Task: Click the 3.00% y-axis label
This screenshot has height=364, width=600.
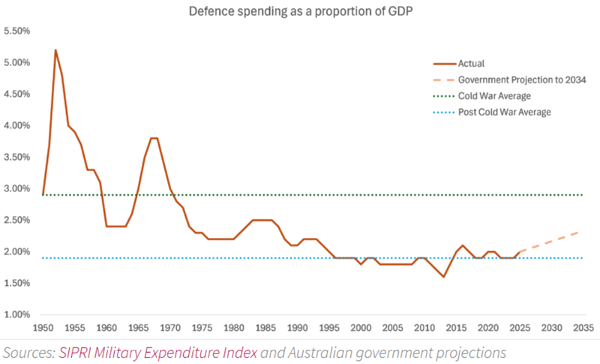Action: click(x=16, y=188)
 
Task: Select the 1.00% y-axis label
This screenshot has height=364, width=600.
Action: click(x=16, y=314)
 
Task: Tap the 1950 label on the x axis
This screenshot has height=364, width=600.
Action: click(x=44, y=328)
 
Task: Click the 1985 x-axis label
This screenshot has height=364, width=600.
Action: click(x=266, y=328)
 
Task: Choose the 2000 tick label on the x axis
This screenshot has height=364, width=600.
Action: click(x=361, y=328)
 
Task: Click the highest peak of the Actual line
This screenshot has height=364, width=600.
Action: click(x=55, y=50)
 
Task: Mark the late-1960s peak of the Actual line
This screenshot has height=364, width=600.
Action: click(x=154, y=138)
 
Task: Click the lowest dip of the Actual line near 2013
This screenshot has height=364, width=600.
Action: click(x=444, y=277)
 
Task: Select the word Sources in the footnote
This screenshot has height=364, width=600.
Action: click(x=27, y=352)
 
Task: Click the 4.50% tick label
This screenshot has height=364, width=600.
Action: click(x=16, y=94)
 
